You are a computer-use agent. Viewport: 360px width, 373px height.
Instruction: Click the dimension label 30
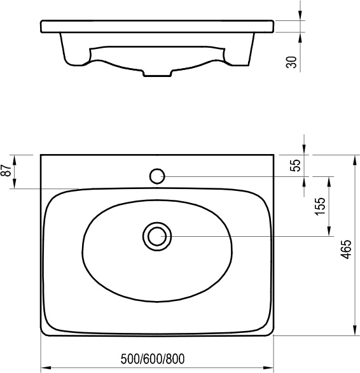tap(292, 62)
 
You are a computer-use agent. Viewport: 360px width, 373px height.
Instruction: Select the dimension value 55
tap(296, 165)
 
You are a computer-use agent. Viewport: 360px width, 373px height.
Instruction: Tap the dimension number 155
tap(320, 206)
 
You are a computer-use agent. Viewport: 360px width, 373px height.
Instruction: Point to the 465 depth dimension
tap(346, 249)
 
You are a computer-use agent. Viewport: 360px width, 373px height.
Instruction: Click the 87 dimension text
tap(6, 170)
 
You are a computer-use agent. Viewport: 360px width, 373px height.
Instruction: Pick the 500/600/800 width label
tap(153, 359)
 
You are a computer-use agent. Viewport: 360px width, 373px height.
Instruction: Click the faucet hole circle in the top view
tap(156, 176)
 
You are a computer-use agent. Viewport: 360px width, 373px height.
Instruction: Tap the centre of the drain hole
tap(157, 236)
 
